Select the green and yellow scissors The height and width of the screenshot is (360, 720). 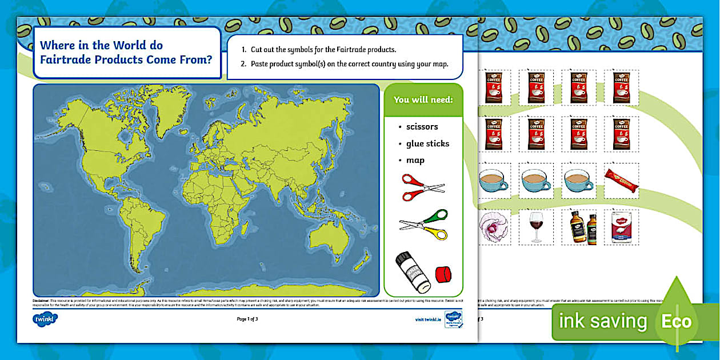coord(423,225)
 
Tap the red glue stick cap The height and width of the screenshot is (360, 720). coord(443,274)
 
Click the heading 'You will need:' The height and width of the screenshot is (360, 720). coord(423,100)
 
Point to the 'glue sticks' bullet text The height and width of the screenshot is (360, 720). coord(427,143)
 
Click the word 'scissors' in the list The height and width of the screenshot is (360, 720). coord(422,127)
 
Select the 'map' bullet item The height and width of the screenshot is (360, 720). coord(415,161)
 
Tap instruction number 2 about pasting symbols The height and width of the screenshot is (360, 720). coord(349,64)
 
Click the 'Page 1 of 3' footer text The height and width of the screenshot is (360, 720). coord(247,319)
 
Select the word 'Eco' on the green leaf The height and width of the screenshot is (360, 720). coord(677,322)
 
